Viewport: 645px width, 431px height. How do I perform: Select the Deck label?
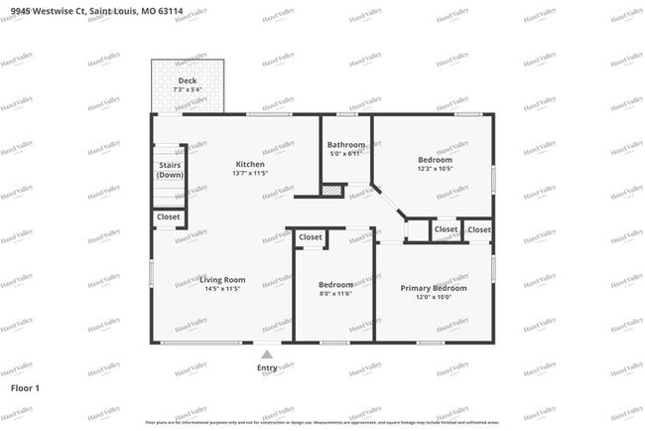pyautogui.click(x=187, y=81)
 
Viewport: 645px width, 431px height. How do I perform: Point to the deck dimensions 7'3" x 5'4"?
pyautogui.click(x=187, y=91)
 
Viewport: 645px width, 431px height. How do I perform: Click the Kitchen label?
pyautogui.click(x=249, y=164)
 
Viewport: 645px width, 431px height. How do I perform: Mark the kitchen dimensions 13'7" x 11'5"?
pyautogui.click(x=249, y=175)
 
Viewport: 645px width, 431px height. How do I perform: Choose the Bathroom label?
pyautogui.click(x=346, y=145)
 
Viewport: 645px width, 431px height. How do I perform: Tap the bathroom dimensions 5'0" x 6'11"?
pyautogui.click(x=346, y=155)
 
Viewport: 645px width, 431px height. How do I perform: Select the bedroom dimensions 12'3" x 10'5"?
pyautogui.click(x=435, y=170)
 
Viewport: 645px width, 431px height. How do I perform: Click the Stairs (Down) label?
pyautogui.click(x=169, y=170)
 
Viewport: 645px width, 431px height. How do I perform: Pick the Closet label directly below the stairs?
pyautogui.click(x=169, y=216)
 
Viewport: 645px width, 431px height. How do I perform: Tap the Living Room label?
pyautogui.click(x=222, y=280)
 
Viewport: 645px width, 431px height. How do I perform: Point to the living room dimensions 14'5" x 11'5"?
pyautogui.click(x=222, y=290)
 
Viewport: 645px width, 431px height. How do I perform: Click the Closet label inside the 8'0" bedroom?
pyautogui.click(x=311, y=237)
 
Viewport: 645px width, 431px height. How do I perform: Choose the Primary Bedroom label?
pyautogui.click(x=434, y=288)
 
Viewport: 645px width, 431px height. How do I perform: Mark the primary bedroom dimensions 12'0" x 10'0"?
pyautogui.click(x=434, y=298)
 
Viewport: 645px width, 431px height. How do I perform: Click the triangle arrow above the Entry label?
pyautogui.click(x=267, y=353)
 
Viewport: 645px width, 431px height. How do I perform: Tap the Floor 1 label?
pyautogui.click(x=25, y=387)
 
